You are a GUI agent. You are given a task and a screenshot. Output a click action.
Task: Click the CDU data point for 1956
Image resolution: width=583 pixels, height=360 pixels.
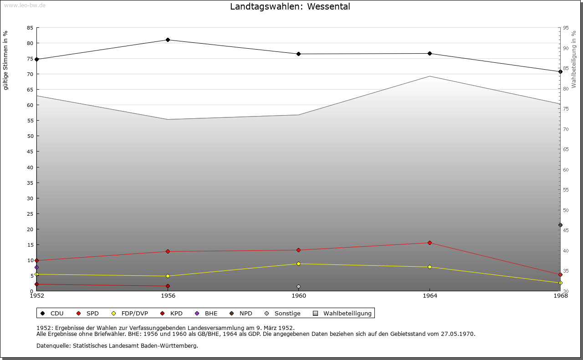[x=168, y=40]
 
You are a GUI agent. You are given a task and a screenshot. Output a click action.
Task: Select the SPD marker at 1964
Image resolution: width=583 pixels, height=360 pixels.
[x=430, y=243]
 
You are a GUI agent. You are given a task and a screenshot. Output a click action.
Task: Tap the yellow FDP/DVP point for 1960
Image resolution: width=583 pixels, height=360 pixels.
[x=298, y=264]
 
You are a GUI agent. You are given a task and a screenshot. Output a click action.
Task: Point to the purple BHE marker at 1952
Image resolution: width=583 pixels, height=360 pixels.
[x=37, y=268]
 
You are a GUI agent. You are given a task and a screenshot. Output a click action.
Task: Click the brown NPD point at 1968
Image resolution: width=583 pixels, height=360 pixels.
[x=560, y=225]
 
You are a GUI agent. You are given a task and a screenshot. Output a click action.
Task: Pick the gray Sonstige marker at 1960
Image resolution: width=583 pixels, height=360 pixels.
[x=298, y=287]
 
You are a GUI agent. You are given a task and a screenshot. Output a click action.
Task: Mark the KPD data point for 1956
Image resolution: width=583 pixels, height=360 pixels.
[x=168, y=286]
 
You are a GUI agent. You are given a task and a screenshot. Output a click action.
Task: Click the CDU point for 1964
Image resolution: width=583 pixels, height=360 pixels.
[x=430, y=54]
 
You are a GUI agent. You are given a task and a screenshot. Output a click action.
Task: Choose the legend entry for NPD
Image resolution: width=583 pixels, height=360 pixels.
[x=241, y=313]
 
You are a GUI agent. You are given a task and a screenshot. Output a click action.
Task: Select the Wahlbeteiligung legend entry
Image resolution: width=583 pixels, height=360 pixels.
[x=342, y=313]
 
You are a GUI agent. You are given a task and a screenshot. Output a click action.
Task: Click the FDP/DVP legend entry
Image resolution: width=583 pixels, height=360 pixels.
[x=130, y=313]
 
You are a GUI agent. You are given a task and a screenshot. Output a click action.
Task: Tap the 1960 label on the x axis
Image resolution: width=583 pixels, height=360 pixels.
[x=299, y=296]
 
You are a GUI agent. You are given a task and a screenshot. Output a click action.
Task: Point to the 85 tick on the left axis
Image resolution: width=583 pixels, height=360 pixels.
[x=30, y=28]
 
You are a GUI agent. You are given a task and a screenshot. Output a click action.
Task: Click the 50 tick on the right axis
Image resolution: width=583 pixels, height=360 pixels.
[x=566, y=210]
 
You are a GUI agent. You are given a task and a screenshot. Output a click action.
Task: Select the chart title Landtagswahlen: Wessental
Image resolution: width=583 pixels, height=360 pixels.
[x=290, y=6]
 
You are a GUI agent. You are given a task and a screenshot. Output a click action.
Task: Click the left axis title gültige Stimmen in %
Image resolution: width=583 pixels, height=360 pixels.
[x=5, y=61]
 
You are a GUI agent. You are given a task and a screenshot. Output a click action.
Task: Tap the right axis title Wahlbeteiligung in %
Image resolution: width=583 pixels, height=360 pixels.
[x=573, y=59]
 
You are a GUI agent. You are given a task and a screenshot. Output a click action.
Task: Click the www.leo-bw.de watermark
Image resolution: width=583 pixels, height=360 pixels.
[x=25, y=5]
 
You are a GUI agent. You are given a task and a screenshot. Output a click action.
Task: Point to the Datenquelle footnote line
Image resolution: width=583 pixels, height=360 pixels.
[x=117, y=346]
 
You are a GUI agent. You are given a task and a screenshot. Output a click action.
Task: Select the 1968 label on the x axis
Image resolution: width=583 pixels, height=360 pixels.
[x=560, y=296]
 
